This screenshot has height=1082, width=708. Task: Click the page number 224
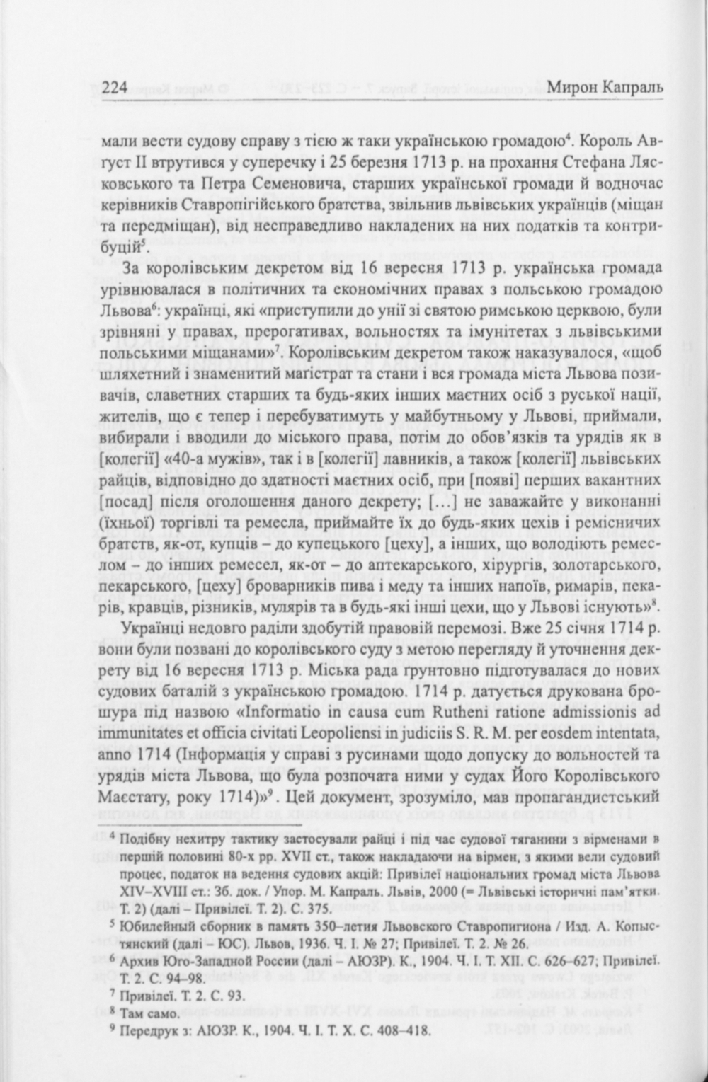tap(115, 88)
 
